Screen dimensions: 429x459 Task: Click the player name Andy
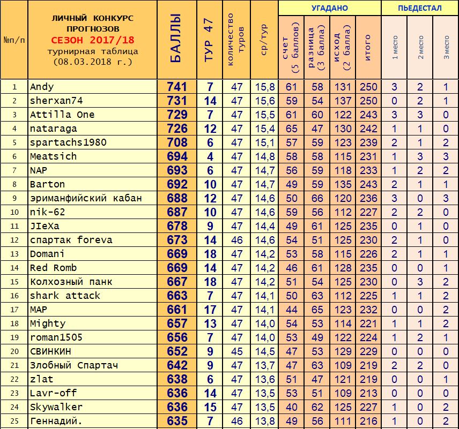42,87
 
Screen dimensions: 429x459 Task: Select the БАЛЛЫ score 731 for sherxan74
177,101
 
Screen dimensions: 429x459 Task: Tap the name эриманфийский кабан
86,198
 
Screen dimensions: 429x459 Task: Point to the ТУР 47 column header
209,40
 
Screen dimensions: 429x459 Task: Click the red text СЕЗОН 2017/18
93,40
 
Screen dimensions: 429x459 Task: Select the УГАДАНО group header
329,8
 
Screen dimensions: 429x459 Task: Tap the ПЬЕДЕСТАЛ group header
420,8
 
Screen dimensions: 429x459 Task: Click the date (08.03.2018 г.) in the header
93,62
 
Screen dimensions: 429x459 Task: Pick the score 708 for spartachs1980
177,142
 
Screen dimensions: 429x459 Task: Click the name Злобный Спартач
74,365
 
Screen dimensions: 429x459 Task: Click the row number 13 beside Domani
14,254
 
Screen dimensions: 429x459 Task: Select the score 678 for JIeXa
177,226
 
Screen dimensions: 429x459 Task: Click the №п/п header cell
14,40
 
